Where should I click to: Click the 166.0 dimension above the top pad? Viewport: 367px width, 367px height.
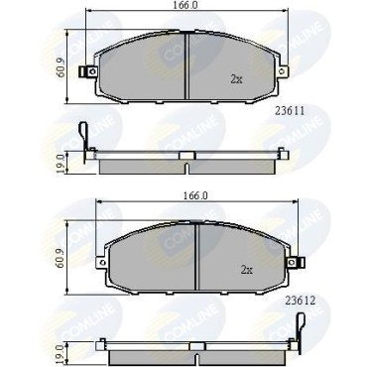point(186,5)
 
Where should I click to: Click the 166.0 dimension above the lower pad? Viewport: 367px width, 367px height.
point(196,195)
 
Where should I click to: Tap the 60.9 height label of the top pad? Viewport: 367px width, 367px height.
point(61,67)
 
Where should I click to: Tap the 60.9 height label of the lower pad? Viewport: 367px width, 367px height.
point(61,257)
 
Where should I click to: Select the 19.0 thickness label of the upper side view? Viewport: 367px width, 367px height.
point(61,163)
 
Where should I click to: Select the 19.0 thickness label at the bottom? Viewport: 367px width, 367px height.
point(61,352)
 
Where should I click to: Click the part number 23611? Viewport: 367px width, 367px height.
point(290,111)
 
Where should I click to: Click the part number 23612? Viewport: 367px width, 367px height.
point(301,301)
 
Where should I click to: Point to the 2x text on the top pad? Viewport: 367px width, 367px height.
point(236,79)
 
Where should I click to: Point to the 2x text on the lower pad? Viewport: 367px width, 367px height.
point(247,270)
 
